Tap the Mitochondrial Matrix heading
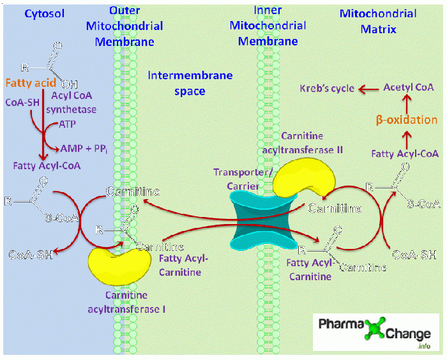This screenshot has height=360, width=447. (387, 21)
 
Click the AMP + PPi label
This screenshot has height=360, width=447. (81, 148)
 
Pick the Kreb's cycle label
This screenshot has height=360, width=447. (327, 88)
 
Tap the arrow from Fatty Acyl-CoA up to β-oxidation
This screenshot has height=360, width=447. (405, 137)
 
